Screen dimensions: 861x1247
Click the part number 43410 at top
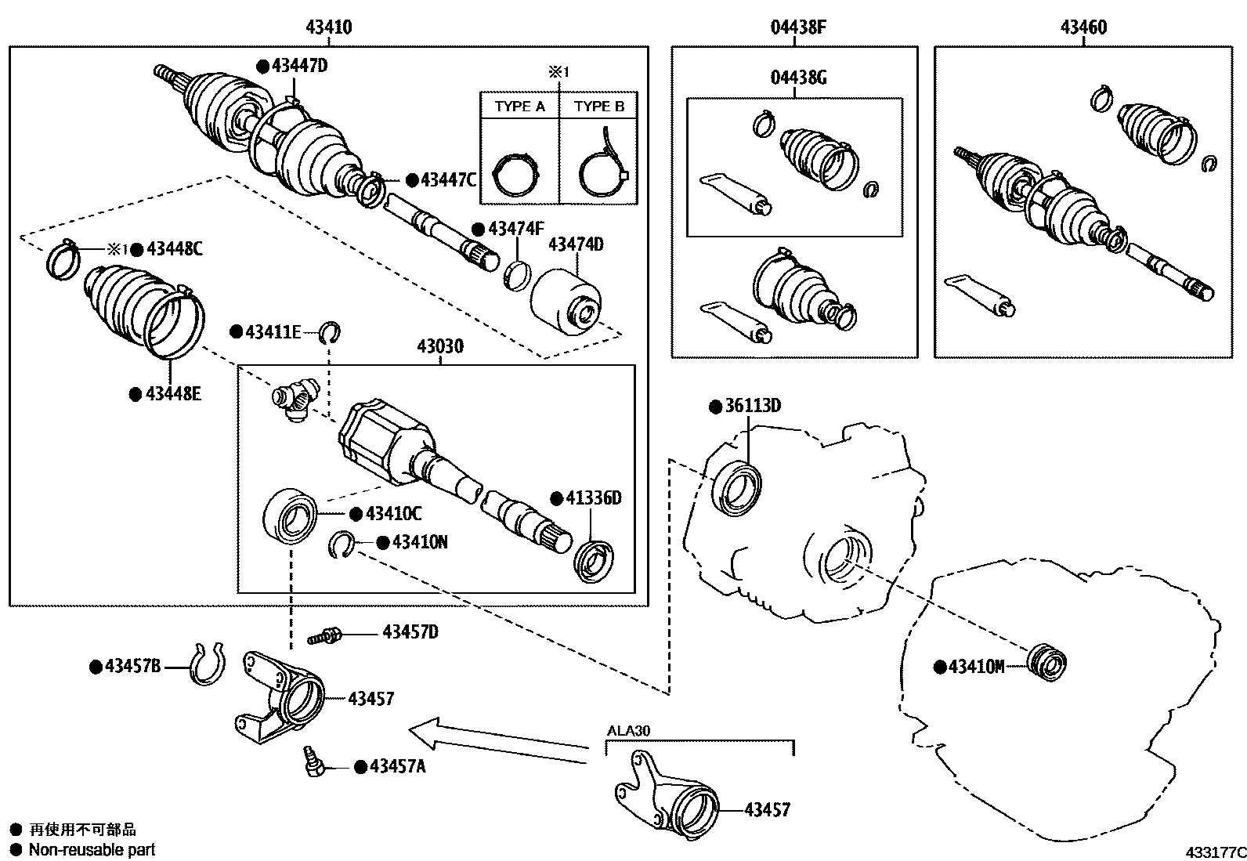(x=328, y=27)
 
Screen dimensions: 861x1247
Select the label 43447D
(x=299, y=66)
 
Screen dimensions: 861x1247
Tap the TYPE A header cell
(x=519, y=107)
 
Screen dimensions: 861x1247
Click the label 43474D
(x=576, y=244)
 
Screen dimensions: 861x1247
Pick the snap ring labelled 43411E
(x=332, y=333)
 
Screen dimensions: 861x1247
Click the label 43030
(x=439, y=345)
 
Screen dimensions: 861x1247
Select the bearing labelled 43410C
(x=291, y=517)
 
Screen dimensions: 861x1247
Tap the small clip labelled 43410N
(x=341, y=544)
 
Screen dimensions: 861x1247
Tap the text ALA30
(x=628, y=730)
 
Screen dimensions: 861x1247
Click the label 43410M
(x=975, y=667)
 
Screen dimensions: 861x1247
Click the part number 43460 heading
(x=1083, y=27)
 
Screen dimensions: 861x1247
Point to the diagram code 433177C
(x=1213, y=851)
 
